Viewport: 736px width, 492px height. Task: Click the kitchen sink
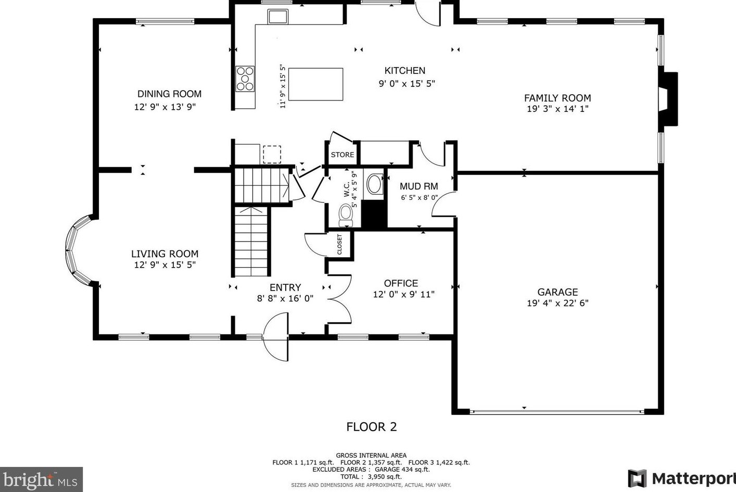click(277, 17)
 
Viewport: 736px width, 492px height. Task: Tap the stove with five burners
click(245, 79)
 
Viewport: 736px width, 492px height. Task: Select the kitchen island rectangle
click(315, 84)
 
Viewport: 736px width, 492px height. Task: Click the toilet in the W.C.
click(346, 215)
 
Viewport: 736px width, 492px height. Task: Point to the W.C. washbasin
click(374, 184)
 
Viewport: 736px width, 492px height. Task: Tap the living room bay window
click(79, 250)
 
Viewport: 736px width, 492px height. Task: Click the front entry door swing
click(276, 336)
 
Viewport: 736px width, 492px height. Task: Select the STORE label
click(342, 155)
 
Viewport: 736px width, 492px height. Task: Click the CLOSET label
click(339, 244)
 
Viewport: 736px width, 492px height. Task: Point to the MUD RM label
click(418, 186)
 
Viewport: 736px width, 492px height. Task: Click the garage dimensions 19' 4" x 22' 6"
click(557, 303)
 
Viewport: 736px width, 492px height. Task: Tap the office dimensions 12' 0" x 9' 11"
click(403, 294)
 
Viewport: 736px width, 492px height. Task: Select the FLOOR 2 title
click(372, 427)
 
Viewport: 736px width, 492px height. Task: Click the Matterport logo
click(682, 478)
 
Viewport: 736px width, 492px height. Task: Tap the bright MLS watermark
click(41, 480)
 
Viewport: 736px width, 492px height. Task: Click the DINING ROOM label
click(169, 94)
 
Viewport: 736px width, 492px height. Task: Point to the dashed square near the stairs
click(272, 155)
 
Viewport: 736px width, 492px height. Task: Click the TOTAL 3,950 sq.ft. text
click(371, 477)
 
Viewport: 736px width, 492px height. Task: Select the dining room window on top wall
click(165, 22)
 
